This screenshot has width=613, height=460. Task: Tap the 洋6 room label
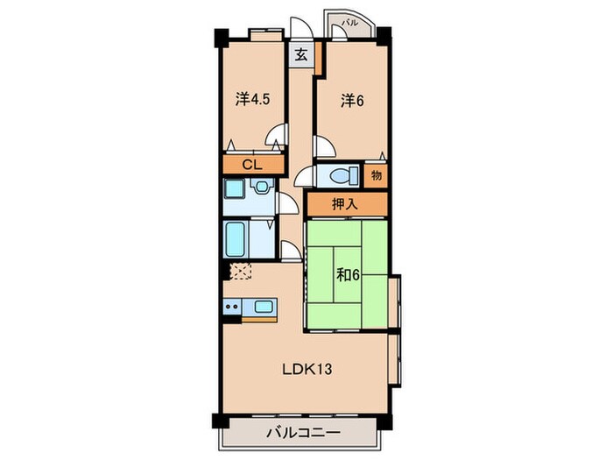tap(352, 100)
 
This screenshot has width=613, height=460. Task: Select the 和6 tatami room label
tap(349, 273)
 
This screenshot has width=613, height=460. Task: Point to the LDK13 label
tap(306, 368)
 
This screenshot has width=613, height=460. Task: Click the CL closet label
tap(252, 164)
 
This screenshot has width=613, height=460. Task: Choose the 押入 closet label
tap(345, 204)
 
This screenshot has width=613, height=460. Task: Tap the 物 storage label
tap(377, 173)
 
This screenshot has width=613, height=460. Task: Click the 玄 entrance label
tap(300, 54)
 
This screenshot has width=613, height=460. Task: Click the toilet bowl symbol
tap(337, 175)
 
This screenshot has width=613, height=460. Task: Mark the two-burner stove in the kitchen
tap(232, 308)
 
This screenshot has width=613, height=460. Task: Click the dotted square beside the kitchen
tap(239, 271)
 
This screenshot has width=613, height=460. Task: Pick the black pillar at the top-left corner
tap(221, 39)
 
